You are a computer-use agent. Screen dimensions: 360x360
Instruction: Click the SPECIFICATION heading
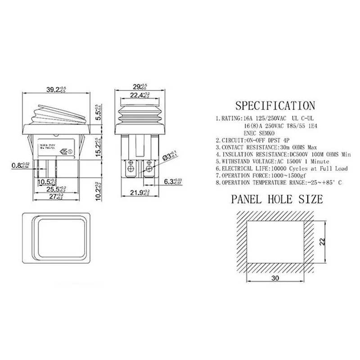click(x=276, y=106)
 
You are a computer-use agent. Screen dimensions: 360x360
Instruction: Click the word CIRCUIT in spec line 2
click(x=234, y=140)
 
